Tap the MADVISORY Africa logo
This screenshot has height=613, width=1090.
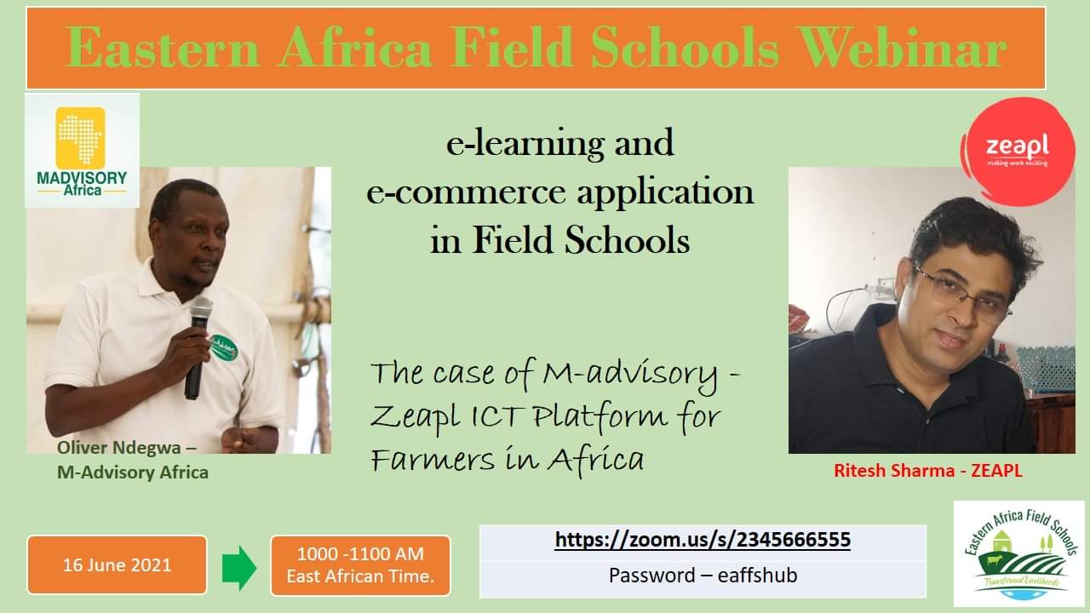[82, 151]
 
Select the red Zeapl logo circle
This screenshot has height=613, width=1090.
[1018, 152]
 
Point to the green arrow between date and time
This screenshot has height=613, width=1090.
[239, 567]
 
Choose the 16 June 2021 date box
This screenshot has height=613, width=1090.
[118, 564]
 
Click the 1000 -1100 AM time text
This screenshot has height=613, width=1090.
[360, 553]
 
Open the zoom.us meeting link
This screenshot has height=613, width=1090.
[703, 540]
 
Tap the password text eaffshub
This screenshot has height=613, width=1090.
[757, 576]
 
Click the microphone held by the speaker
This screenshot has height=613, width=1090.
[198, 347]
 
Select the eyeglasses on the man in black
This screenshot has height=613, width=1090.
[961, 293]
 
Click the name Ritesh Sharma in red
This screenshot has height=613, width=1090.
[894, 471]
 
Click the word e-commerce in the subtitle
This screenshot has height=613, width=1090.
[466, 193]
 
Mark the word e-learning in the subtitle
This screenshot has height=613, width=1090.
[525, 145]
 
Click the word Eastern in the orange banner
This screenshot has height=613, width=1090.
[163, 47]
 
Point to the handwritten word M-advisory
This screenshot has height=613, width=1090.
[629, 375]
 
